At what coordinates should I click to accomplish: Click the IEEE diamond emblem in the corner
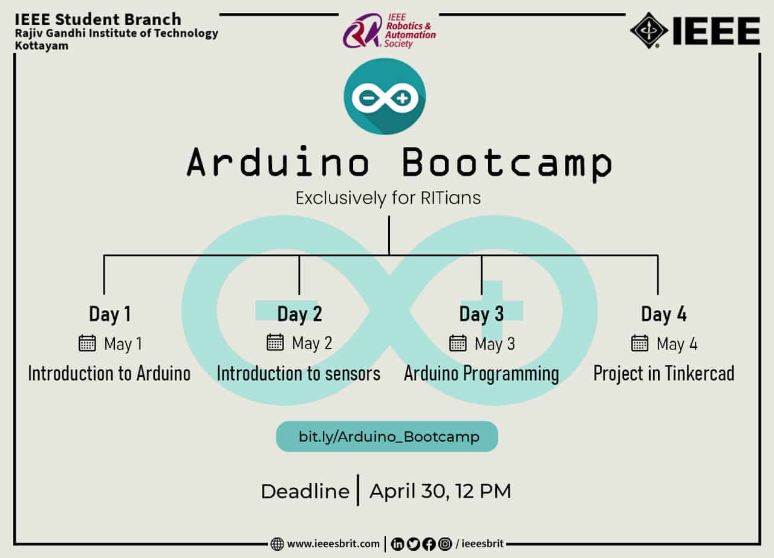(649, 30)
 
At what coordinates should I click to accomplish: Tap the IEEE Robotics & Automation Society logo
(389, 31)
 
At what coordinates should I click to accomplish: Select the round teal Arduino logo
(385, 96)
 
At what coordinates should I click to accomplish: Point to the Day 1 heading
(110, 314)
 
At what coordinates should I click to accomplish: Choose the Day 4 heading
(664, 314)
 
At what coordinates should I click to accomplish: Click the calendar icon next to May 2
(275, 342)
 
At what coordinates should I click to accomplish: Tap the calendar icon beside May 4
(640, 343)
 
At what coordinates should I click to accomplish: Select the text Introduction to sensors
(299, 373)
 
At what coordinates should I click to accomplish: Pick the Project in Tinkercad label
(664, 374)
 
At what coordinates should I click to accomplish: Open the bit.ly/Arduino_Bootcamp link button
(387, 437)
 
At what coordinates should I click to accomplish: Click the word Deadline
(305, 491)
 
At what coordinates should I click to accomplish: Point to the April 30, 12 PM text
(440, 491)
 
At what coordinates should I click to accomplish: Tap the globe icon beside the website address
(277, 544)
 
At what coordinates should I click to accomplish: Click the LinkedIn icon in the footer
(397, 544)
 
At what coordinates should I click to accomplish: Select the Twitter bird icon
(413, 544)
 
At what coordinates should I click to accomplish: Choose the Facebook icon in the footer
(429, 544)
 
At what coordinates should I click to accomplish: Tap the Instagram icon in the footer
(445, 544)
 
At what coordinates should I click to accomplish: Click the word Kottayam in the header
(42, 45)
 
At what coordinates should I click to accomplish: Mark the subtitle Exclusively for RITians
(388, 198)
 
